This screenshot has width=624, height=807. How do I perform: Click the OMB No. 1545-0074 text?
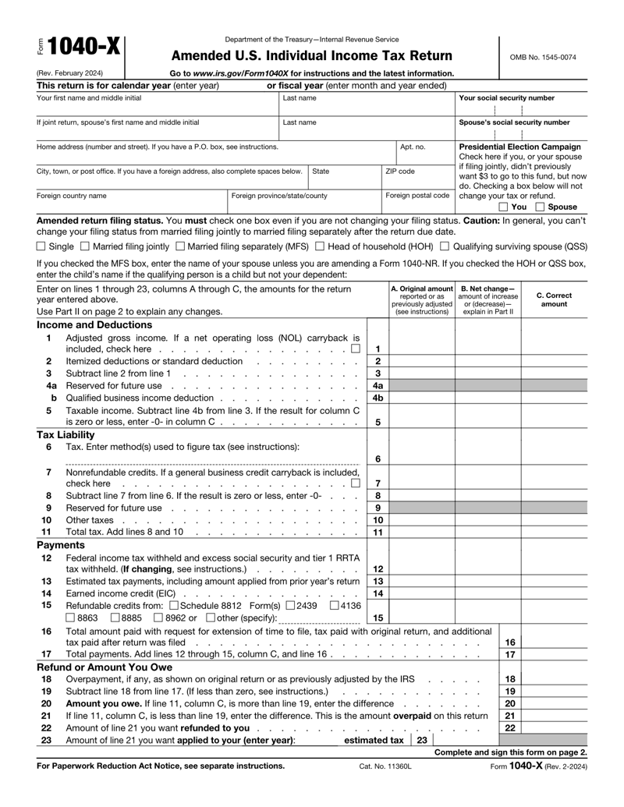pos(544,57)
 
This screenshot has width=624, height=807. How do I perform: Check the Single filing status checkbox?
pos(41,246)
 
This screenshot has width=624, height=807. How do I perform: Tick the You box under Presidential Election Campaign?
pos(503,207)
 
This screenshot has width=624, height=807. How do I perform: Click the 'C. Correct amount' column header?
pos(554,299)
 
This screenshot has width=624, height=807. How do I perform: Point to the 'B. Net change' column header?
pos(487,299)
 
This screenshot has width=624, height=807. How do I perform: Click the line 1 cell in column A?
pos(421,344)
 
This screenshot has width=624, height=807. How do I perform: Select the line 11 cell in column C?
pos(554,532)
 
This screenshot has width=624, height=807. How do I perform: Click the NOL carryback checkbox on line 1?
pos(355,349)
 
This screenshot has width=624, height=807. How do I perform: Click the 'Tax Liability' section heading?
pos(66,434)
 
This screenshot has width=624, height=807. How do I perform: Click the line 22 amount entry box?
pos(554,727)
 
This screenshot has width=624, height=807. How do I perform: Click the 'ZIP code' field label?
pos(401,171)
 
